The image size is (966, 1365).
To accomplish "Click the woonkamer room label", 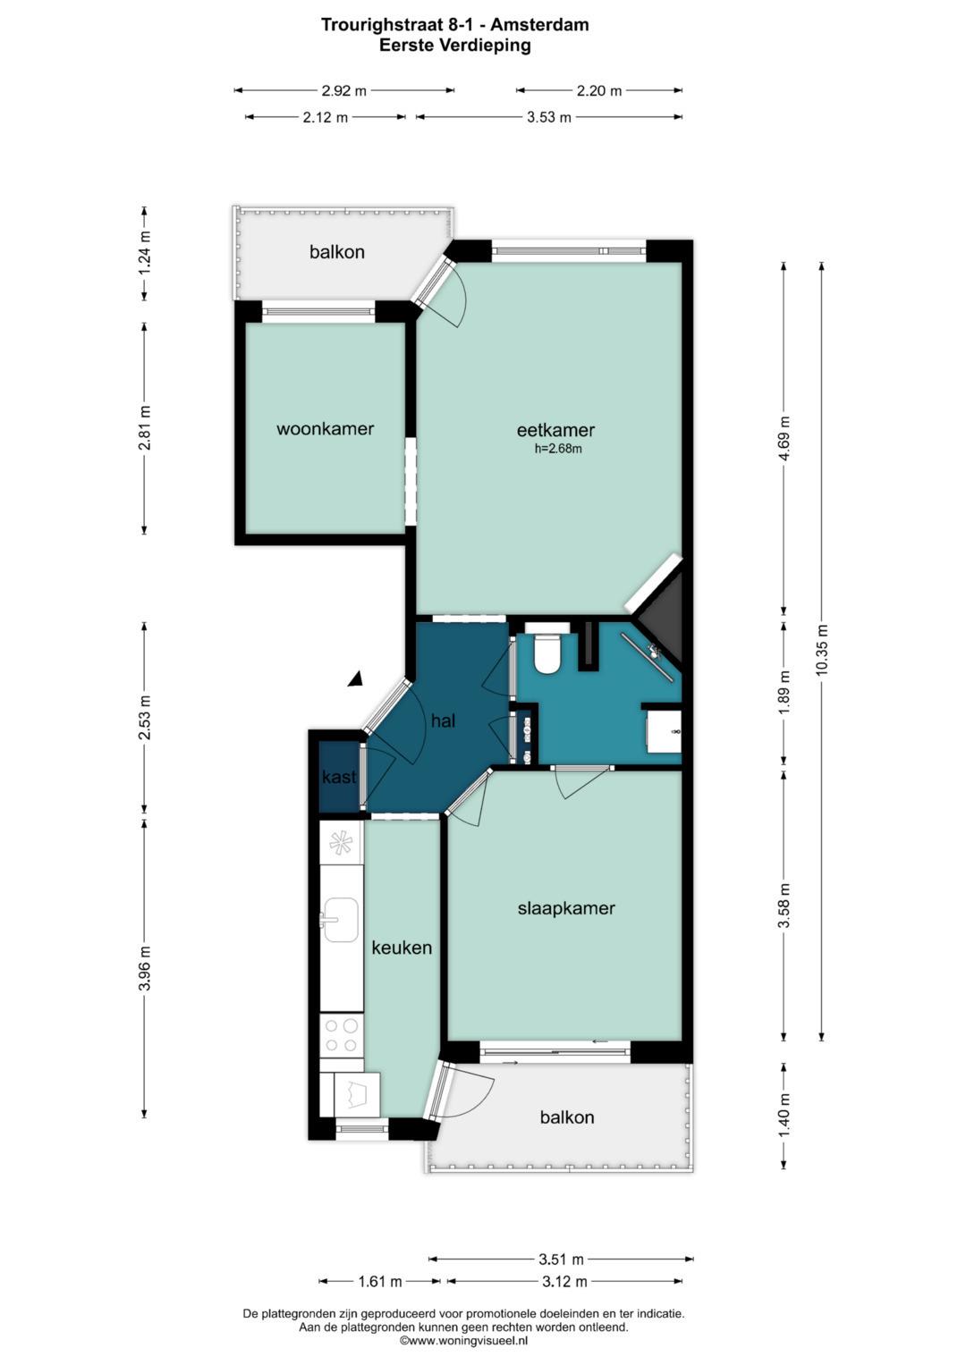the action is tap(325, 428).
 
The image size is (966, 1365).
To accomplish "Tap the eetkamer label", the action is tap(555, 430).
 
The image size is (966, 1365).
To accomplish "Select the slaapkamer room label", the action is tap(566, 908).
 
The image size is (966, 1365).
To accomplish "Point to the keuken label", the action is tap(402, 948).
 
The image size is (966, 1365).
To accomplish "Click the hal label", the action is tap(444, 720).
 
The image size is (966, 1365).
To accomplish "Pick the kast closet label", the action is tap(339, 777).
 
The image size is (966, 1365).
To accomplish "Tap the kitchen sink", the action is tap(341, 920).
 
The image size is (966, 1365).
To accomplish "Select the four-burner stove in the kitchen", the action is tap(342, 1035).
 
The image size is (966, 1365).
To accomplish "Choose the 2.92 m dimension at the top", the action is tap(344, 91).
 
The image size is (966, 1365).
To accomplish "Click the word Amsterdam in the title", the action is tap(539, 25).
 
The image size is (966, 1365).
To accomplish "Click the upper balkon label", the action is tap(336, 252).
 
